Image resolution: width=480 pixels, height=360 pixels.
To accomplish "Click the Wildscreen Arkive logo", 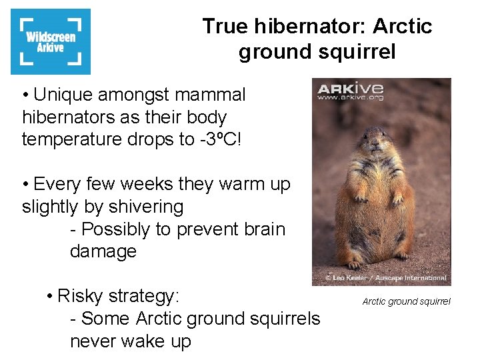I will coord(51,41).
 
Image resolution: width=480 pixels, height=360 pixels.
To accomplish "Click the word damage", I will coord(103,251).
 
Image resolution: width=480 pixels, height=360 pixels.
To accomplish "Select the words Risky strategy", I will coord(119,296).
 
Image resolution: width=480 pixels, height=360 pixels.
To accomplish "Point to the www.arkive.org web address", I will coord(350,98).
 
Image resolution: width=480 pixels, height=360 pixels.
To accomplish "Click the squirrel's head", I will coord(377,143).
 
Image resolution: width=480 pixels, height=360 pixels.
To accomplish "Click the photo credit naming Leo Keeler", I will coord(385,277).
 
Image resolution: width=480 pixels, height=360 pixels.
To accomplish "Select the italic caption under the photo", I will coord(406,302).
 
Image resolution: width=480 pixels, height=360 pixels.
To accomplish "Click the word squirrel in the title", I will coord(357,51).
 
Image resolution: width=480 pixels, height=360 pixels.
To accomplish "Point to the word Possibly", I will coord(117,229).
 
